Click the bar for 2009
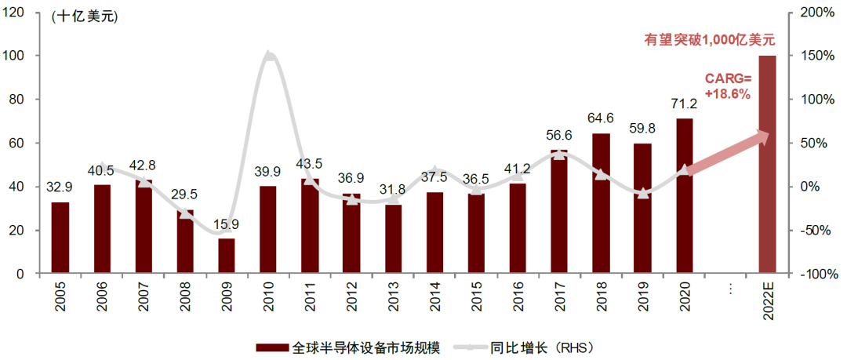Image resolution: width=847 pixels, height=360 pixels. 226,256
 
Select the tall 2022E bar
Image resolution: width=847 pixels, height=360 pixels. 767,165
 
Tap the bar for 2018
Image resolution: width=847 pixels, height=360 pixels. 601,204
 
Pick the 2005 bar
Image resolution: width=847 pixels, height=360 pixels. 60,238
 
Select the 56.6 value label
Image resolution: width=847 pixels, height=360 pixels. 559,135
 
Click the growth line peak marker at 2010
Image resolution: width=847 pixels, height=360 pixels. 268,56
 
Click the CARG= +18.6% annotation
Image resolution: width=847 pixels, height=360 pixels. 727,86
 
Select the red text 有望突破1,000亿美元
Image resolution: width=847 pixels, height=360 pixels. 709,38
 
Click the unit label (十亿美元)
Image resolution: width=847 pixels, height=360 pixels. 84,17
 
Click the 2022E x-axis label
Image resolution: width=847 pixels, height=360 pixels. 767,302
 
